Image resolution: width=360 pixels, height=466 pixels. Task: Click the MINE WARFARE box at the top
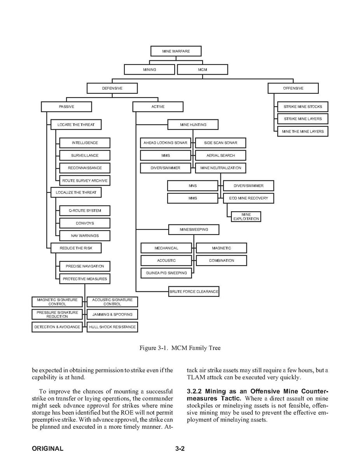(176, 51)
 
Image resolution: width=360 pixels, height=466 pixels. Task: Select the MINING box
(149, 70)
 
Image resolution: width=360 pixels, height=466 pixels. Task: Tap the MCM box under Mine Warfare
(202, 70)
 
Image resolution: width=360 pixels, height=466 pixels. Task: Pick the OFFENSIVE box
(293, 88)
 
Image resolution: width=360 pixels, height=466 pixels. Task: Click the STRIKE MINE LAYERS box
(302, 119)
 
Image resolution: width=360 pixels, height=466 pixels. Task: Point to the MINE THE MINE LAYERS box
(302, 131)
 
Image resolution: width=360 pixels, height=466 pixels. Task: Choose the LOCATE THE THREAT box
(76, 124)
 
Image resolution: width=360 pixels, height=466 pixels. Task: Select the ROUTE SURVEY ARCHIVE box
(85, 180)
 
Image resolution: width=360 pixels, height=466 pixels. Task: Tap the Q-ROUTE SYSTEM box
(85, 210)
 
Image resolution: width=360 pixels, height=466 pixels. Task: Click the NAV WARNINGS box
(85, 236)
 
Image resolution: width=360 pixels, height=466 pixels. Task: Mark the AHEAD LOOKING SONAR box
(165, 143)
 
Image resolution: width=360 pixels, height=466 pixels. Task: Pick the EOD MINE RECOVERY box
(248, 198)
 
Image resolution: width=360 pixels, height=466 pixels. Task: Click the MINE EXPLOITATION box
(246, 217)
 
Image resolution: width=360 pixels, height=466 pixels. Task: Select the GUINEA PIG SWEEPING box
(166, 273)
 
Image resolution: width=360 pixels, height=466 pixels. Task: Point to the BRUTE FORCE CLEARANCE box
(194, 291)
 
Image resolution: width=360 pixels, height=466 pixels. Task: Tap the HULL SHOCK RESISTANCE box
(112, 327)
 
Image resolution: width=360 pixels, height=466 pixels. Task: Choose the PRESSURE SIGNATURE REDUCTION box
(57, 314)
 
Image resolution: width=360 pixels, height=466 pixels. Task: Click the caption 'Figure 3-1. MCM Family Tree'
(180, 348)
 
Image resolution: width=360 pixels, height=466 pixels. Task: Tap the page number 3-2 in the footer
(180, 448)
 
